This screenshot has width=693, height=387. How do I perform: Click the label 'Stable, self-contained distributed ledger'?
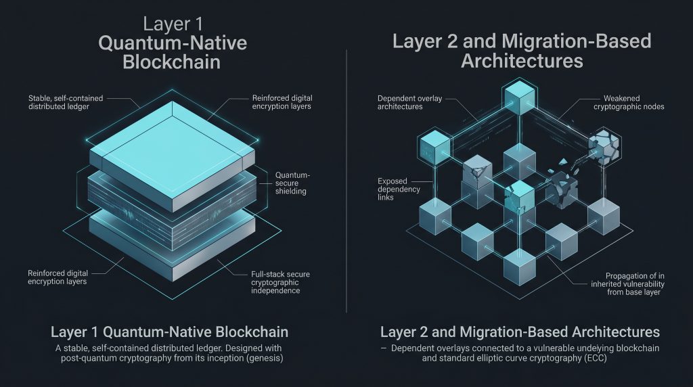(66, 102)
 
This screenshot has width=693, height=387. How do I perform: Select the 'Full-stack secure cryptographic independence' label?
(280, 282)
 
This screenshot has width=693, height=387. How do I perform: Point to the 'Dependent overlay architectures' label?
(409, 102)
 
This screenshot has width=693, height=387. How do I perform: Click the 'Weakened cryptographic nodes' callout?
(629, 102)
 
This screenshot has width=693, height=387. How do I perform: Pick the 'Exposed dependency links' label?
(399, 189)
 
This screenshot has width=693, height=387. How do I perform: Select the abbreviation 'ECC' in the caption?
(594, 359)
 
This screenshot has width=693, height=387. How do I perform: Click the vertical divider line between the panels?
(346, 181)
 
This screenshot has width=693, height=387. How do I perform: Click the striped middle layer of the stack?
(173, 208)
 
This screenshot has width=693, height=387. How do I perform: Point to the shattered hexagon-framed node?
(604, 146)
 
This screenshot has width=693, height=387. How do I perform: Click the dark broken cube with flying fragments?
(562, 190)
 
